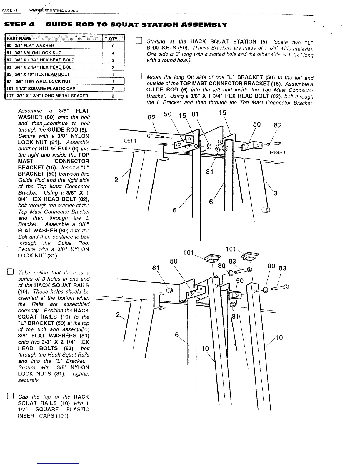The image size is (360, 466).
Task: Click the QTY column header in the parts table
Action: (x=113, y=39)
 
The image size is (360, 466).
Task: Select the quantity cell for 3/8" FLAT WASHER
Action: (x=113, y=46)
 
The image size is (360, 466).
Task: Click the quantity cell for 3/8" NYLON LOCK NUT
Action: (x=113, y=53)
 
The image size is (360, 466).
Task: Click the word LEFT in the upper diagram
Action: (x=130, y=141)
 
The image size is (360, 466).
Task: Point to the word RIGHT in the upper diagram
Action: (x=278, y=152)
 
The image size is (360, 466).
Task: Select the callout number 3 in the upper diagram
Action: (x=275, y=193)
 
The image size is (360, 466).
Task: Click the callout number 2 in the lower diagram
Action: (x=118, y=315)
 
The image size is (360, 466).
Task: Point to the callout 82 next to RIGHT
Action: (x=278, y=125)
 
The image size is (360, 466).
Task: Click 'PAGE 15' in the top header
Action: (x=10, y=11)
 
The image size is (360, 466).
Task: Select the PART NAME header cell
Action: (x=21, y=39)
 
